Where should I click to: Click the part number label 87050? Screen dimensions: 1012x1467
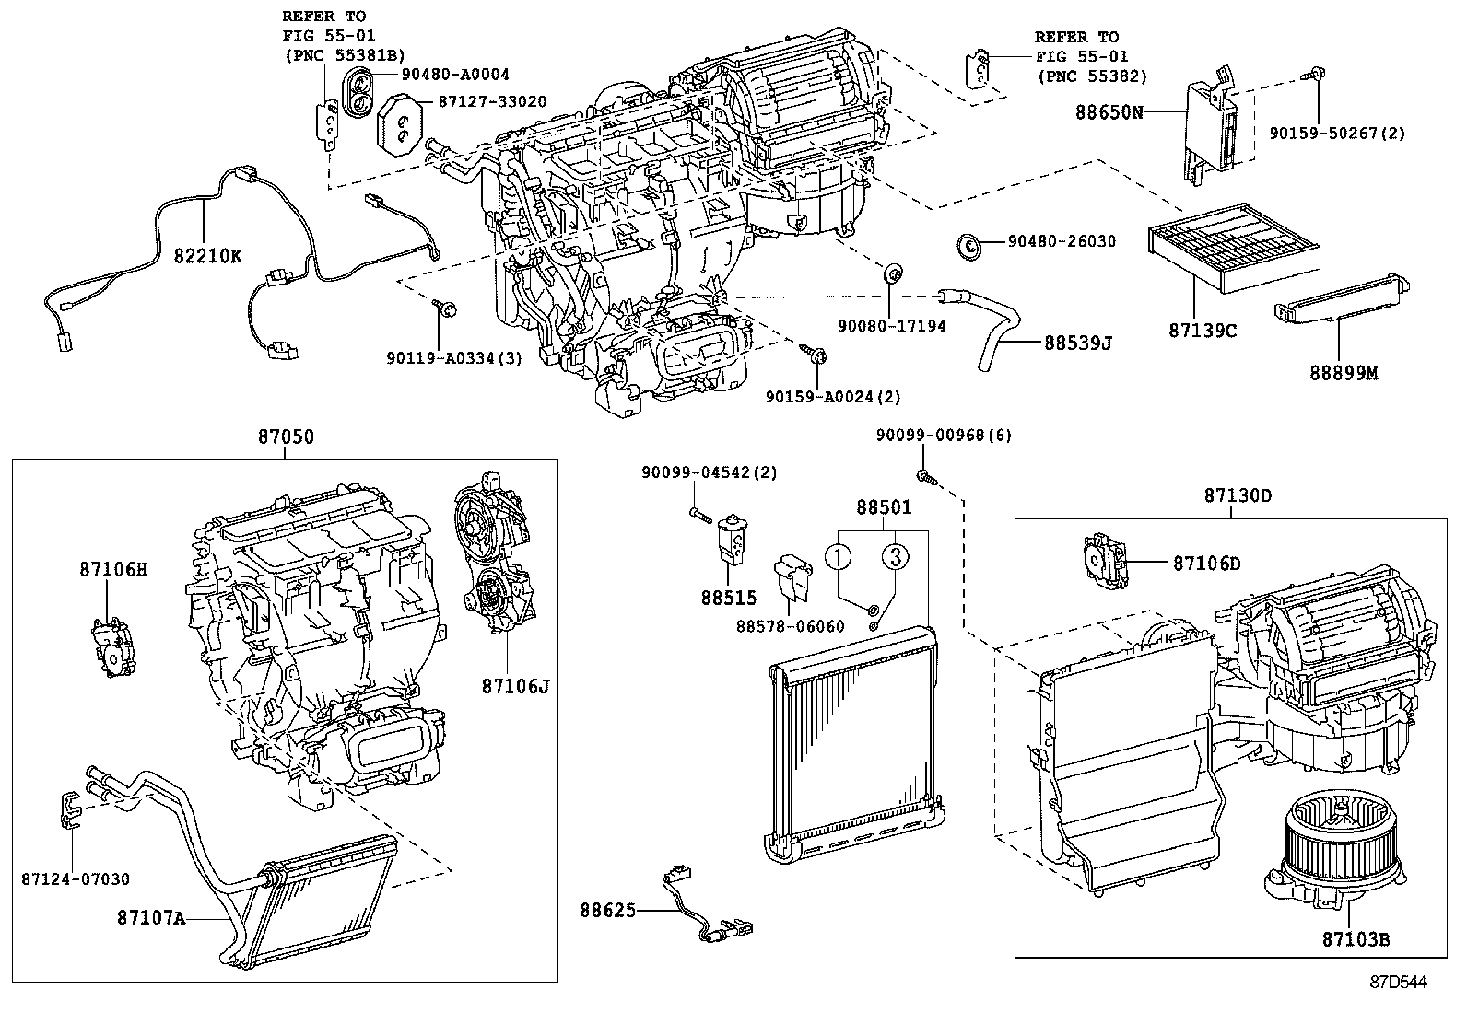(285, 437)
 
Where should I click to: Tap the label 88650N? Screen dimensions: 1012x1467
(1109, 112)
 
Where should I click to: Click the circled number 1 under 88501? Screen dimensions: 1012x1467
(838, 556)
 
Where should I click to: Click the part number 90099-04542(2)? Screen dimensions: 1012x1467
(710, 472)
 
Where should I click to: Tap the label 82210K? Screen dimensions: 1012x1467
(207, 256)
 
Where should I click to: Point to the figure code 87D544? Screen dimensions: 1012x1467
(1397, 983)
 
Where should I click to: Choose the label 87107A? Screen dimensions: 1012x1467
(151, 917)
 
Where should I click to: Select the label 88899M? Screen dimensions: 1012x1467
(1344, 373)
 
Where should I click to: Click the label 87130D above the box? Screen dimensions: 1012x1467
(1238, 495)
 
